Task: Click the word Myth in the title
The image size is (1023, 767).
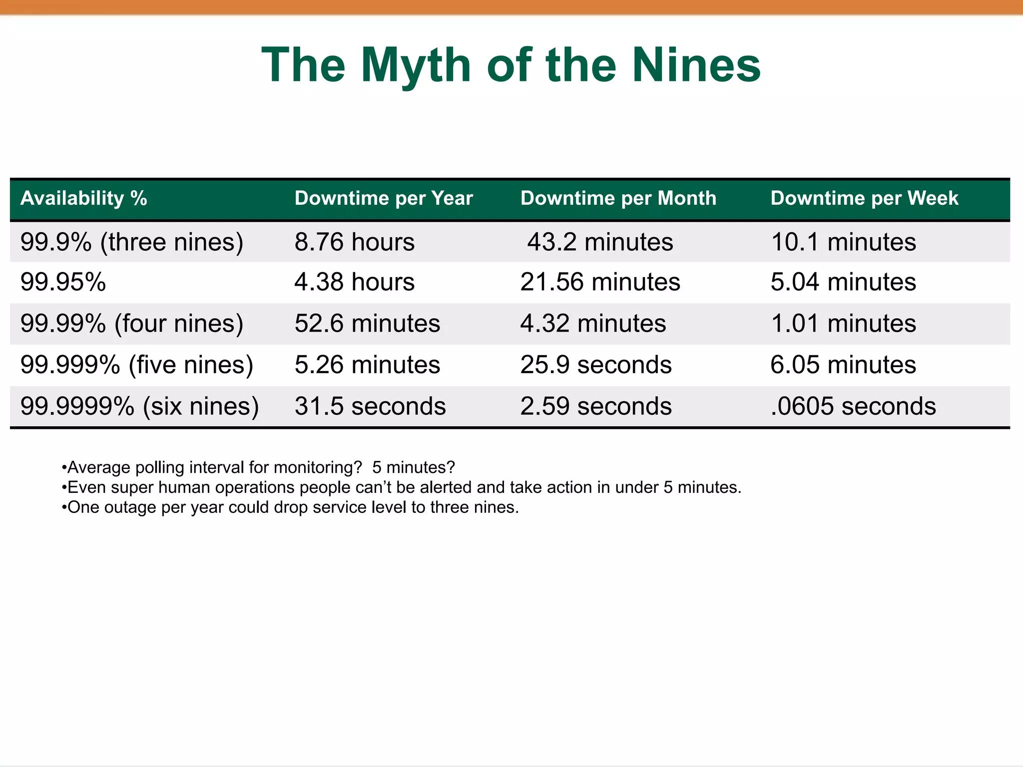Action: [416, 65]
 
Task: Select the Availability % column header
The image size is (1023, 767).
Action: [84, 198]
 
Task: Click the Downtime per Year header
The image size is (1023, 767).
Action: [384, 198]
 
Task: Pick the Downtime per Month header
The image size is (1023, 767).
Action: [618, 198]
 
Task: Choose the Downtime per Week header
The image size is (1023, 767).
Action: [864, 198]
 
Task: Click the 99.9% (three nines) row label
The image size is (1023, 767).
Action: [132, 242]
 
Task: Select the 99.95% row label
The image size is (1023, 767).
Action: [63, 282]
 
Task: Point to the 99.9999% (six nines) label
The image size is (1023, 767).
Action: [139, 406]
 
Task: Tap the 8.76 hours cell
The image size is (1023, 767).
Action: [355, 242]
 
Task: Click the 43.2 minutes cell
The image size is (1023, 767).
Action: [600, 242]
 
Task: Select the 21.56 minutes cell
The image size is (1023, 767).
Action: [600, 282]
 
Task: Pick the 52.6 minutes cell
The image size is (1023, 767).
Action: [367, 324]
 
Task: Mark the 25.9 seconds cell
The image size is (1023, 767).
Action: [596, 365]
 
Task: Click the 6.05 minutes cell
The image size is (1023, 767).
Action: [843, 365]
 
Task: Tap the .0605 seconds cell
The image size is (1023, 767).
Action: [853, 406]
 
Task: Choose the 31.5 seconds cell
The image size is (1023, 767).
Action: [370, 406]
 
